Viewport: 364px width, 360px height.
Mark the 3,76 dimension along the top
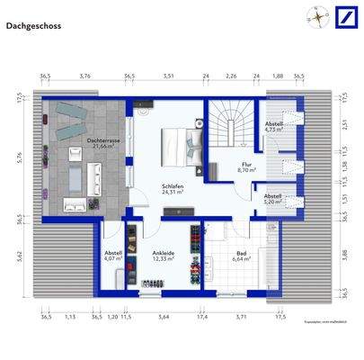pos(85,76)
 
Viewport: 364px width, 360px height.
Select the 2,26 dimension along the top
pos(231,76)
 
